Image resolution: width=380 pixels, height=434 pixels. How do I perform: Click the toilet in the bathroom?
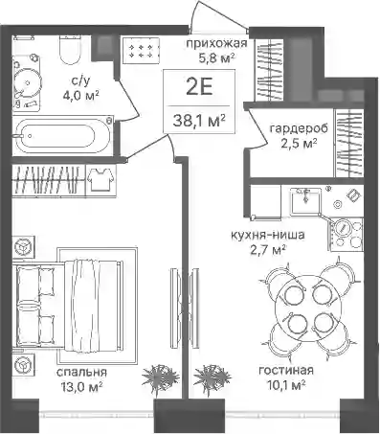(69, 50)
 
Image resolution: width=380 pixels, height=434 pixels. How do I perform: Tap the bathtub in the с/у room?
(62, 136)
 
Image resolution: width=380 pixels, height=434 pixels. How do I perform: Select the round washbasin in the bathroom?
(28, 83)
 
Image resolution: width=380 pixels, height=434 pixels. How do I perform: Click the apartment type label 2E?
(199, 87)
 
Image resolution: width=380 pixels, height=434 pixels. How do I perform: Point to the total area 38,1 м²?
(199, 121)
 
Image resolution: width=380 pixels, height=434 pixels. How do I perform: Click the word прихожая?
(216, 43)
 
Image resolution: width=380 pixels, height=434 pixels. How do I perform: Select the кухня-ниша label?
(268, 236)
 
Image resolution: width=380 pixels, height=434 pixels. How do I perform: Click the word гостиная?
(286, 371)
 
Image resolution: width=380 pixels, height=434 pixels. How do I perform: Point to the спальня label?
(82, 373)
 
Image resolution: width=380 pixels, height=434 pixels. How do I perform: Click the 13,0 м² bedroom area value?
(81, 387)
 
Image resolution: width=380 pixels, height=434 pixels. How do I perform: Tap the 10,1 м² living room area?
(286, 385)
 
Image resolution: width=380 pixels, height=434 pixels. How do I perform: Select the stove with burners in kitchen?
(346, 234)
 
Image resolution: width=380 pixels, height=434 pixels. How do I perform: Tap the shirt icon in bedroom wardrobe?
(101, 179)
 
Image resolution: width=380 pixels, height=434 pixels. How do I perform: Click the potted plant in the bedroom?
(158, 377)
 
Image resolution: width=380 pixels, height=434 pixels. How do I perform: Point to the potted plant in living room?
(212, 377)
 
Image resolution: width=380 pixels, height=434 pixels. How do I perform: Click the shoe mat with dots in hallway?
(141, 51)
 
